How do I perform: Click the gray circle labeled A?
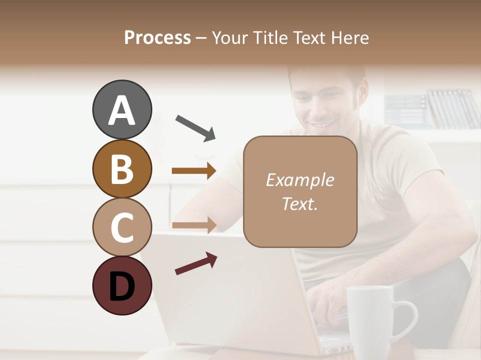pos(122,109)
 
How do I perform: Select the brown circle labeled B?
pos(122,168)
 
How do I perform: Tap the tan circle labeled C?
pos(122,226)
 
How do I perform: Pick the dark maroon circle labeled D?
pos(122,285)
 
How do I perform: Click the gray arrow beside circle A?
pos(195,127)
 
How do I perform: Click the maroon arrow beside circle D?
pos(196,263)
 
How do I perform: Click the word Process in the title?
pos(157,37)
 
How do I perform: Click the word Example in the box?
pos(300,180)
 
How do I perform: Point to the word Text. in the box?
pos(300,203)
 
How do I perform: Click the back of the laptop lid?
pos(225,295)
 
